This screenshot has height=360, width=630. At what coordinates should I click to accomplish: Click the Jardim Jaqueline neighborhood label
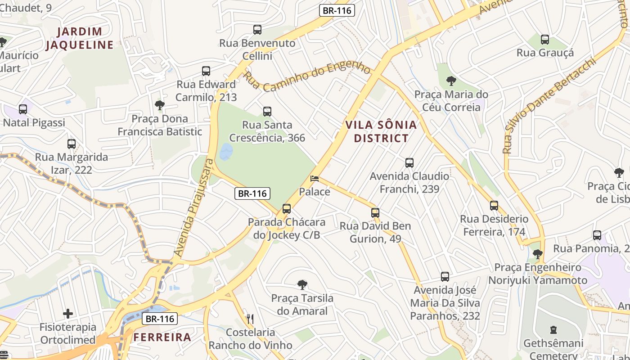[x=80, y=38]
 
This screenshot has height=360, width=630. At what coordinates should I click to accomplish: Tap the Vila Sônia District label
[x=381, y=131]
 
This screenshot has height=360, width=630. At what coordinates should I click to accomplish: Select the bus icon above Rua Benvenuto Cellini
[x=257, y=30]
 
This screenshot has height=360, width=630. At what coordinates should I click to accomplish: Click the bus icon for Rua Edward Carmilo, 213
[x=206, y=71]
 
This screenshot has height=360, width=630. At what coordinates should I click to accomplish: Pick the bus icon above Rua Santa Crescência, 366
[x=267, y=112]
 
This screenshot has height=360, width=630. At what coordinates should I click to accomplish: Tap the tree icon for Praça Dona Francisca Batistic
[x=159, y=105]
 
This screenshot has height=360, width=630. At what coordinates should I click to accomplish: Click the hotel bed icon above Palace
[x=315, y=179]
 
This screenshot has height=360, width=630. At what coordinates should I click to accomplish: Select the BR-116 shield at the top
[x=337, y=10]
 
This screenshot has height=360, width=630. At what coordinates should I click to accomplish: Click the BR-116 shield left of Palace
[x=252, y=193]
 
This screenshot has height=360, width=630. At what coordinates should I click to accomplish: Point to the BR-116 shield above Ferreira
[x=160, y=319]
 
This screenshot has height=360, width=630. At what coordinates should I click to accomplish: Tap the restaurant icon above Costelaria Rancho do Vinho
[x=250, y=319]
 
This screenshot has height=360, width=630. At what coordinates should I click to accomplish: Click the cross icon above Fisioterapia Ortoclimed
[x=68, y=313]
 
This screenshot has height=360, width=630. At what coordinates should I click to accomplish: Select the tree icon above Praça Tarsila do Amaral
[x=302, y=284]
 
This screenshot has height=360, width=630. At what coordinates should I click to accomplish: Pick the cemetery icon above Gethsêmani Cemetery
[x=553, y=330]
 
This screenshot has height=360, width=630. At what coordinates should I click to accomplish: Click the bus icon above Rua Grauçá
[x=545, y=40]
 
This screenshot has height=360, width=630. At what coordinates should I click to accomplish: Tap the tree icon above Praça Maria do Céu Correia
[x=451, y=81]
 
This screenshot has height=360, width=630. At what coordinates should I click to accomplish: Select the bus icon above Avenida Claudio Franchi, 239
[x=409, y=163]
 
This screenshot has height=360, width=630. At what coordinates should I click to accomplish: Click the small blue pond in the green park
[x=226, y=152]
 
